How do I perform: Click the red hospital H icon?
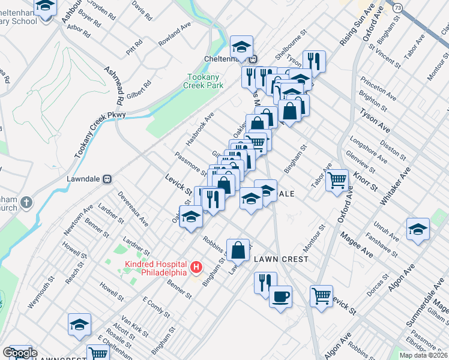[x=195, y=267]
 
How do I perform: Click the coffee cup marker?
[x=280, y=296]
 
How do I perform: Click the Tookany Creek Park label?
[x=205, y=81]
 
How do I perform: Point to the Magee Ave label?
[x=355, y=245]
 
